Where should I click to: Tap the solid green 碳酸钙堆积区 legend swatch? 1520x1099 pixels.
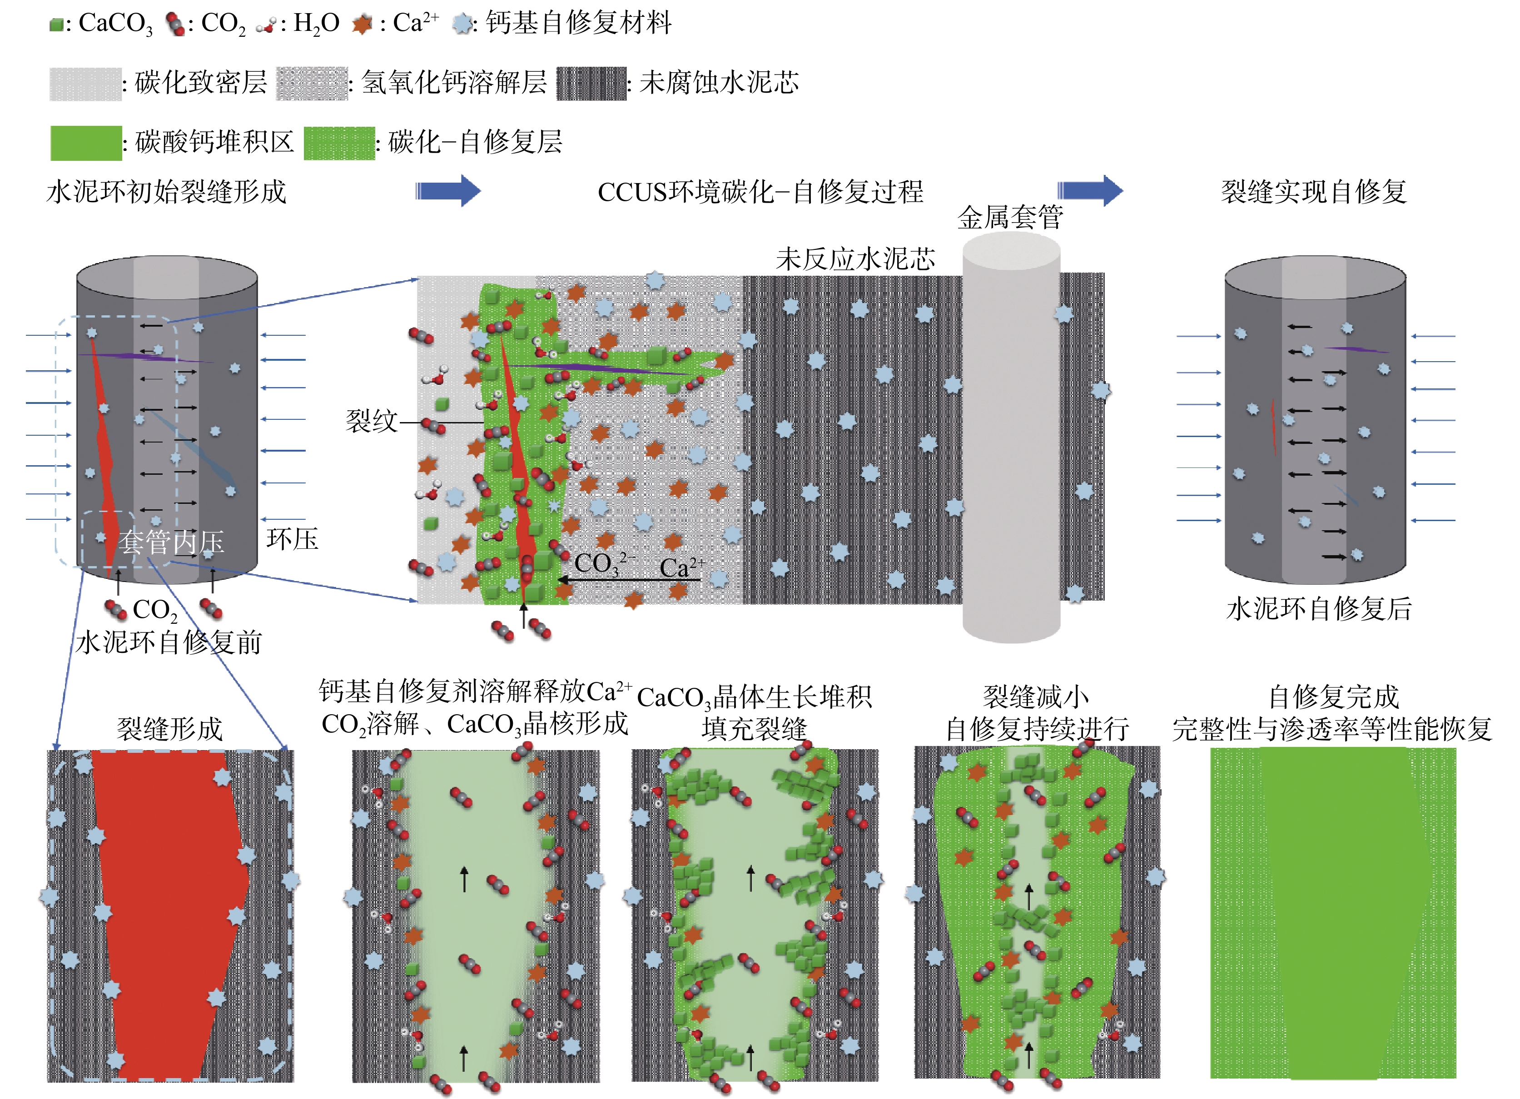click(86, 143)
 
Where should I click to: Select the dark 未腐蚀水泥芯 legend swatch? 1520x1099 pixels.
click(591, 84)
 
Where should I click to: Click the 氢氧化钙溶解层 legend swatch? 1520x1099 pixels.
click(312, 84)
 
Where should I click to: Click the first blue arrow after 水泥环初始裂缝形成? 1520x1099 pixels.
click(448, 191)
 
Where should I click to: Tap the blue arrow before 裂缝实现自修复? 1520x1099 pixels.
click(1090, 191)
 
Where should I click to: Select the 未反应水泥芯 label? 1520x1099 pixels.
click(855, 259)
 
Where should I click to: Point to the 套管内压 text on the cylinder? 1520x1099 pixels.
click(172, 542)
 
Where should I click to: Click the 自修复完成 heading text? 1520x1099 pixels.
click(1334, 697)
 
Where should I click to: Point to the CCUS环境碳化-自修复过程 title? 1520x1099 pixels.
click(760, 192)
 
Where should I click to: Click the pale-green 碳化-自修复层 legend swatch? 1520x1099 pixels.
click(339, 143)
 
